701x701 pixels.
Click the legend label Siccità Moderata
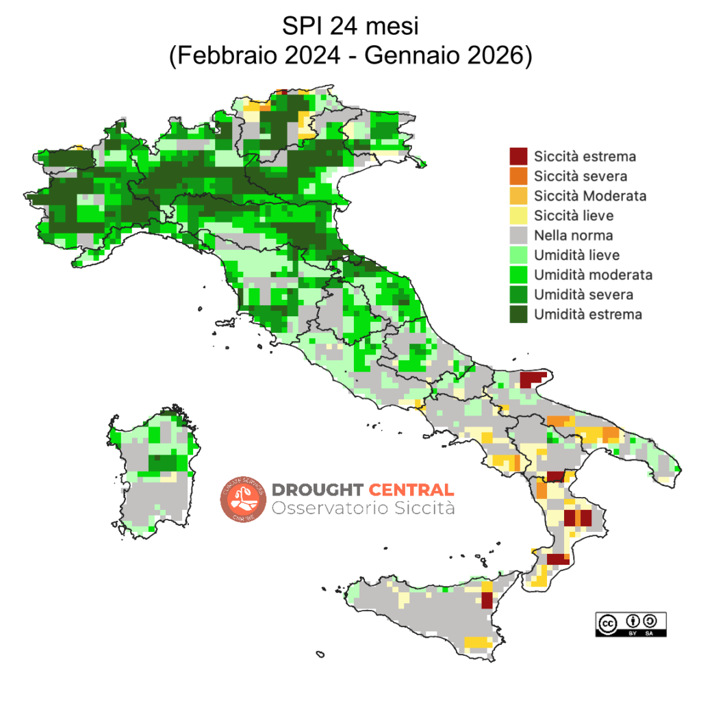590,196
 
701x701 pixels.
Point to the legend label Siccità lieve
574,216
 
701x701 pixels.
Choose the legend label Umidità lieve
576,255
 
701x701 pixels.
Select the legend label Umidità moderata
593,275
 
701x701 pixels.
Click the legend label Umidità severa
583,295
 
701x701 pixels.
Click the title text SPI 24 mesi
350,27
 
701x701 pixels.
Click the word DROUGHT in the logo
318,489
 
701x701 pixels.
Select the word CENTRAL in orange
411,489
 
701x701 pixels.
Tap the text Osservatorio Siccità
363,509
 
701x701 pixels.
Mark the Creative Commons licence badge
630,624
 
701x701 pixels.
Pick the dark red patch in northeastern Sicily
487,600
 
